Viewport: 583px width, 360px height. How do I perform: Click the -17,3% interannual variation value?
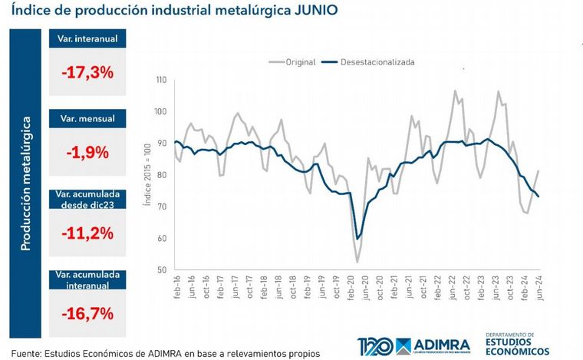pyautogui.click(x=87, y=73)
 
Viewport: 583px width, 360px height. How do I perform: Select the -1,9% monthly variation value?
pyautogui.click(x=87, y=152)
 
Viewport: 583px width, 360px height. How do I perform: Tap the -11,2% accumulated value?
pyautogui.click(x=87, y=233)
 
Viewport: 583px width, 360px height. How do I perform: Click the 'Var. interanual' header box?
pyautogui.click(x=87, y=39)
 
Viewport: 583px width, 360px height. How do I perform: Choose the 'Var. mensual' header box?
pyautogui.click(x=87, y=119)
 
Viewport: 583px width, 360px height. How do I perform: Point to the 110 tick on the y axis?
pyautogui.click(x=162, y=80)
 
